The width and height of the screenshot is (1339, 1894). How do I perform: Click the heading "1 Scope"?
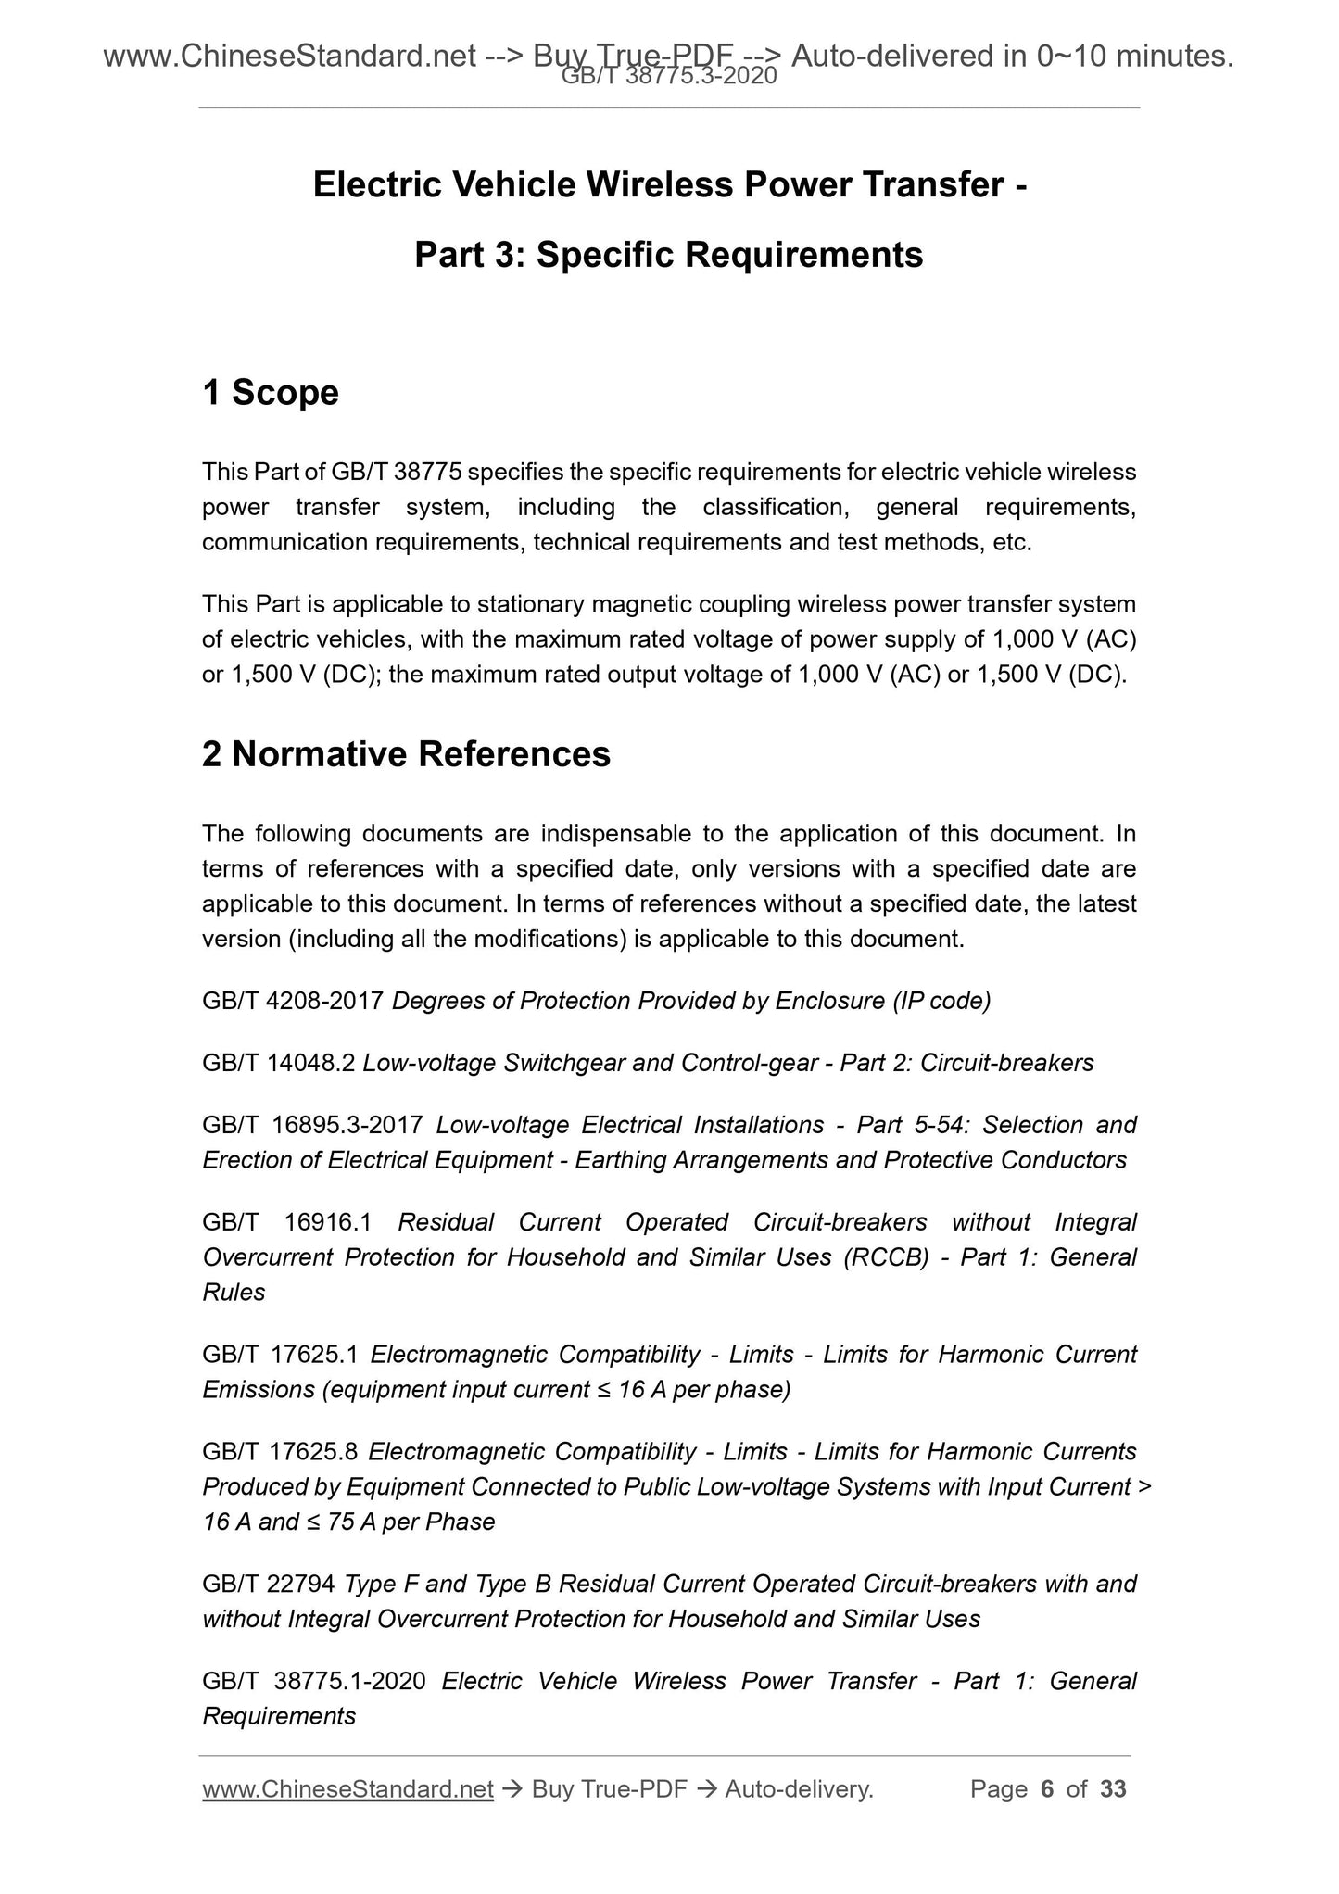271,393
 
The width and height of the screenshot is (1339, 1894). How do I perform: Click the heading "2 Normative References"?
406,754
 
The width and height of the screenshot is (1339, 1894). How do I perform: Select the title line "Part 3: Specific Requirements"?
668,255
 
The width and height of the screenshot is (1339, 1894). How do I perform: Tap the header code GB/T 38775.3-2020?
669,78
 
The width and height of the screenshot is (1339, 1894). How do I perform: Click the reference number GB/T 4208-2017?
293,1001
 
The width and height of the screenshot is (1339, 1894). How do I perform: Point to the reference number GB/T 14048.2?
278,1063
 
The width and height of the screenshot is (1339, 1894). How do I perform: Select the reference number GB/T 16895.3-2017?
312,1125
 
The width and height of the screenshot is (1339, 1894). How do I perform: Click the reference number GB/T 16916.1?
286,1222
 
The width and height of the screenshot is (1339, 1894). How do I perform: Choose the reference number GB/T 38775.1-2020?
313,1681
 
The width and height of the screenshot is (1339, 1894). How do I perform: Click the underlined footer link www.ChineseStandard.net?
347,1789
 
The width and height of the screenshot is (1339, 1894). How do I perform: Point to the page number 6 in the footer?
1047,1789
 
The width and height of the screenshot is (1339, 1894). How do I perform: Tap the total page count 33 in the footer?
1113,1789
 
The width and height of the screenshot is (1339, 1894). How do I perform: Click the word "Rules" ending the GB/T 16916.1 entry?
234,1293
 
